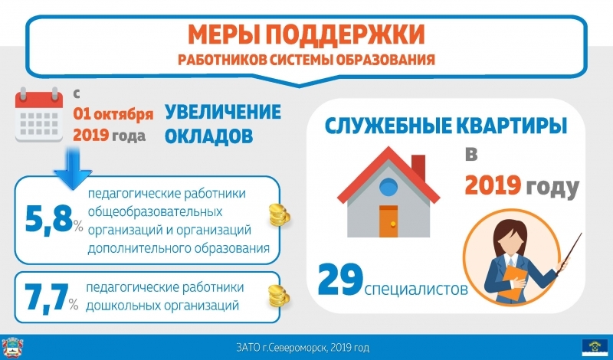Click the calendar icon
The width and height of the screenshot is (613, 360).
39,115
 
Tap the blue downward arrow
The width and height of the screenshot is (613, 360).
73,169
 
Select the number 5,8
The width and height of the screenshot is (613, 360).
49,220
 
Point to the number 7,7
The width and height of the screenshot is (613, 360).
47,298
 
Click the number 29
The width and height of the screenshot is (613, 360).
340,280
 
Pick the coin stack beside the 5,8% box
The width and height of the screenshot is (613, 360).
280,215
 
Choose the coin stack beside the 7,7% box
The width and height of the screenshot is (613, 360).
279,296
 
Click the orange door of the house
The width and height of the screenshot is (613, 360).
388,221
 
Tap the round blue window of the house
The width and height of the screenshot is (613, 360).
388,186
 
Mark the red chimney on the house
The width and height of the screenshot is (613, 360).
418,167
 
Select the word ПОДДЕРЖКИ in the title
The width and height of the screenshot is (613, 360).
346,34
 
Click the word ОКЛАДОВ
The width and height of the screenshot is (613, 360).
208,136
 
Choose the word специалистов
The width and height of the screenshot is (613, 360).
416,290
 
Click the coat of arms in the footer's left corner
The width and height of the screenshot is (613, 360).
12,348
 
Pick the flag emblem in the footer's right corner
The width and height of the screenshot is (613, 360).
595,347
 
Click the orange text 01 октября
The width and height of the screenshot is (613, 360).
113,114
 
